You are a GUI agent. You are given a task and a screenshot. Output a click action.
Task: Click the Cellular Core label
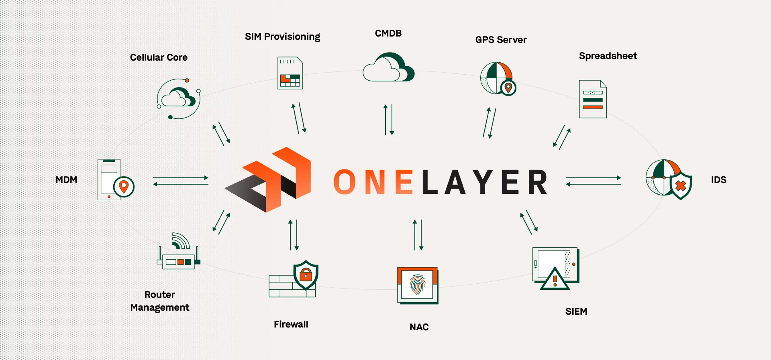(x=159, y=57)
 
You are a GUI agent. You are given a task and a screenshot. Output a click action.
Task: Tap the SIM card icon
(x=290, y=73)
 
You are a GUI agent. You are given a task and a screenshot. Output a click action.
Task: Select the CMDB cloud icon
(x=388, y=67)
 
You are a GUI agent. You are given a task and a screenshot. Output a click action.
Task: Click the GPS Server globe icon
(x=497, y=78)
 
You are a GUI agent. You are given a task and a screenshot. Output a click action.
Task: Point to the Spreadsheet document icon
(x=593, y=99)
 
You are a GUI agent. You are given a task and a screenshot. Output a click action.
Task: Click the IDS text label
(x=718, y=180)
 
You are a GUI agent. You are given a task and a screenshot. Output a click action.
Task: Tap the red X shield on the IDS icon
(x=681, y=186)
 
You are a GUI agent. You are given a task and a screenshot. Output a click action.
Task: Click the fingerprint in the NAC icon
(x=417, y=285)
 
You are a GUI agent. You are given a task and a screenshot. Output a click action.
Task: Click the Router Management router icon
(x=179, y=257)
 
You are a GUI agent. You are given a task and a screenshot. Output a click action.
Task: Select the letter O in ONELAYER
(x=345, y=182)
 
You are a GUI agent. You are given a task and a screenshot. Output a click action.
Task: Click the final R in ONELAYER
(x=537, y=182)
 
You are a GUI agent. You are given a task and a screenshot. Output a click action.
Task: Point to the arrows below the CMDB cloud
(x=388, y=120)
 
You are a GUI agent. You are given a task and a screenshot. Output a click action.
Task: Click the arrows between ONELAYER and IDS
(x=593, y=181)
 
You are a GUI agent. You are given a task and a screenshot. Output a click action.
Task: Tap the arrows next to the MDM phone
(x=181, y=181)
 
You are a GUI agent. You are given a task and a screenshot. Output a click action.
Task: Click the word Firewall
(x=291, y=324)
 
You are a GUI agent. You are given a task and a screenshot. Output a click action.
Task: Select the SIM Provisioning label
(x=282, y=37)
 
